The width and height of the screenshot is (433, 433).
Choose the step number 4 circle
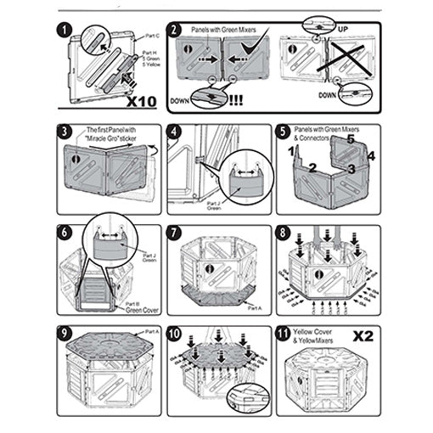tap(176, 133)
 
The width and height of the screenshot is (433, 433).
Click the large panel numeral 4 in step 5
tap(371, 155)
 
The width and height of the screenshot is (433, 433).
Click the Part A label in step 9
tap(150, 330)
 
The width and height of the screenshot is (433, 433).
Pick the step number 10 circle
tap(176, 333)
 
